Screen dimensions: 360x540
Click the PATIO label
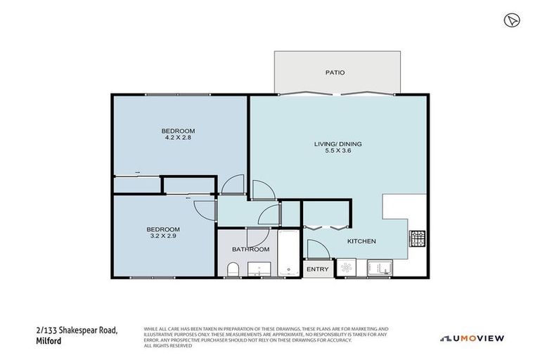click(x=335, y=72)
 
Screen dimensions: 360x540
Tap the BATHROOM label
click(x=251, y=250)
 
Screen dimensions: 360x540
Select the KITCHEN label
click(x=361, y=241)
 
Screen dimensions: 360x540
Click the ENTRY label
click(x=317, y=269)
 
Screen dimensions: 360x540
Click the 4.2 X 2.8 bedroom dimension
click(x=178, y=138)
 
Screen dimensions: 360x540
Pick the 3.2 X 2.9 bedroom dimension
click(x=163, y=236)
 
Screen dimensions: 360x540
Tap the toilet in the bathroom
click(x=233, y=269)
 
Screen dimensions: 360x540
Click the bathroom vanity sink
click(x=260, y=268)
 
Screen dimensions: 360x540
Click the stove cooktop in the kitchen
click(x=418, y=239)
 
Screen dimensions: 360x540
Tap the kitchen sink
click(x=380, y=268)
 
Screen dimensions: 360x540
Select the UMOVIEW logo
click(x=472, y=338)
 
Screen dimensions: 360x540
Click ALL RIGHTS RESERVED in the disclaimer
click(x=167, y=346)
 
